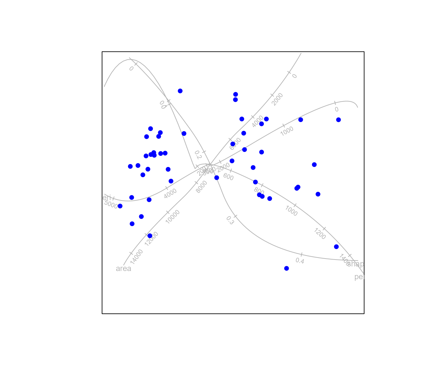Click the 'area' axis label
click(123, 269)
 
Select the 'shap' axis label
click(355, 264)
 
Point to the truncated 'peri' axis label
click(359, 277)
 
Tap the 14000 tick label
click(136, 257)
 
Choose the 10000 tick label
click(173, 217)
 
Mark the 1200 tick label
click(320, 234)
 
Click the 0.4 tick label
click(300, 261)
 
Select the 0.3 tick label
click(230, 220)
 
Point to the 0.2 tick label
click(197, 155)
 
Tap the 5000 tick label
click(111, 204)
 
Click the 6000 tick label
click(235, 144)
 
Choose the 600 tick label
click(228, 177)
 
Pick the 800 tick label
click(259, 191)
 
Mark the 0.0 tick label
click(162, 105)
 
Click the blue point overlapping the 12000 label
click(150, 236)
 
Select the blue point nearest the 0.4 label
click(286, 268)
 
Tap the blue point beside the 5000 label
click(120, 206)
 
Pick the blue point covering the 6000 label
click(233, 144)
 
